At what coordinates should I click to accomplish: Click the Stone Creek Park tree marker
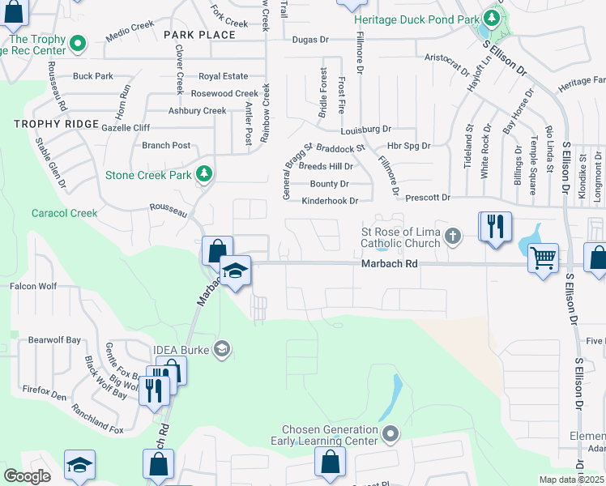[x=205, y=173]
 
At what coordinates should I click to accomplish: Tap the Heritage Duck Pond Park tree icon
[x=490, y=17]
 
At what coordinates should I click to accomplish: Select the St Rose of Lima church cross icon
[x=453, y=237]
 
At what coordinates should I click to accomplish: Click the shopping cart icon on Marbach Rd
[x=543, y=259]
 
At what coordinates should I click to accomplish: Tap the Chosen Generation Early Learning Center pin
[x=390, y=434]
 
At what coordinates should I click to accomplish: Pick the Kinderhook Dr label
[x=329, y=200]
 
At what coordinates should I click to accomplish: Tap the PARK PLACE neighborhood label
[x=199, y=35]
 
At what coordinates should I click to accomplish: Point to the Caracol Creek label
[x=64, y=214]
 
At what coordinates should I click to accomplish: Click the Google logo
[x=28, y=476]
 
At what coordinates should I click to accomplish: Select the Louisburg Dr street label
[x=365, y=129]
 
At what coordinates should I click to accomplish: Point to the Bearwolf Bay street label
[x=55, y=340]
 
